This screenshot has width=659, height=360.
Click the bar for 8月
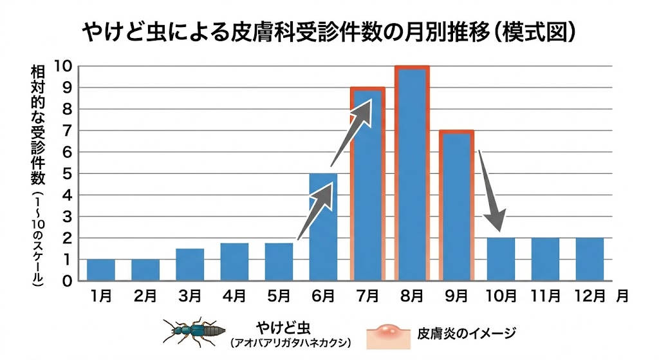412,174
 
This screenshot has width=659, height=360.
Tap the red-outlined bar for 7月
367,187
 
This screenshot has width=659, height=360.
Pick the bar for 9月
456,206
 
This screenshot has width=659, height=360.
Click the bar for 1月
101,270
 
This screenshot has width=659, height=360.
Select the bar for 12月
589,260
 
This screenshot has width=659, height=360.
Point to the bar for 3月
190,265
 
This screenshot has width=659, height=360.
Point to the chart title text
329,33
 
